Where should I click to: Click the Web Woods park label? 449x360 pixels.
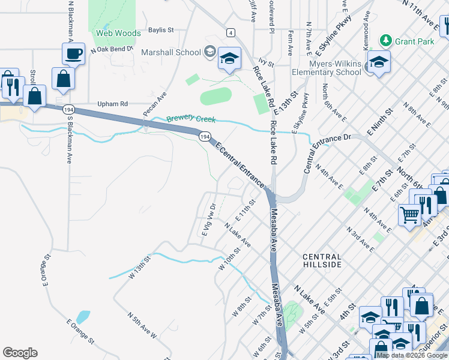pos(118,33)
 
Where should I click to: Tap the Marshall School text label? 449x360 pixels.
pos(170,52)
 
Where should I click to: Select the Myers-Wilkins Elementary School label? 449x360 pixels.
pos(327,68)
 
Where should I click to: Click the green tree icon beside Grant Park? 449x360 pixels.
pos(386,41)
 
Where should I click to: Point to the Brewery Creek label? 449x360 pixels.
pos(190,119)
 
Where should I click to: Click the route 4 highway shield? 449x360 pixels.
pos(231,32)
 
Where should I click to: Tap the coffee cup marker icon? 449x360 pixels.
pos(73,54)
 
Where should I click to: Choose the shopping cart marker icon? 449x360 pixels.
pos(409,214)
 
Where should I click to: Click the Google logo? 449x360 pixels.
pos(20,353)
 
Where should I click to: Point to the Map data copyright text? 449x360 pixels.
pos(412,355)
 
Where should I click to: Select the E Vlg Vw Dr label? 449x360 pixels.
pos(209,221)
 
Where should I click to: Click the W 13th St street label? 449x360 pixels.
pos(137,264)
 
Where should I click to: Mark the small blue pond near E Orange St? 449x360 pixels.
pos(83,317)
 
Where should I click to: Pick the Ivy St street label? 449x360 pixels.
pos(265,62)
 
